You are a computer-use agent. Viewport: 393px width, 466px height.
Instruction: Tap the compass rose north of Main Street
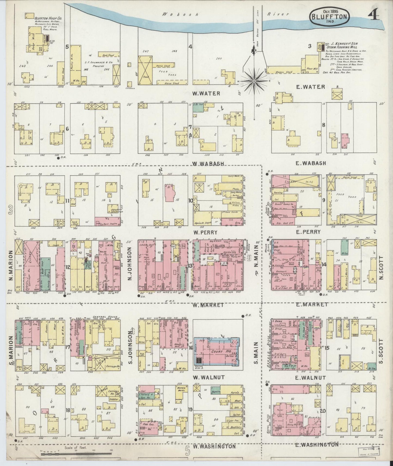click(255, 81)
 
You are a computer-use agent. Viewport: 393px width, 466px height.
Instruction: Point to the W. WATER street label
click(206, 94)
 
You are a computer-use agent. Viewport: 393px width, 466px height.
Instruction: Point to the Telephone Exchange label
click(116, 210)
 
